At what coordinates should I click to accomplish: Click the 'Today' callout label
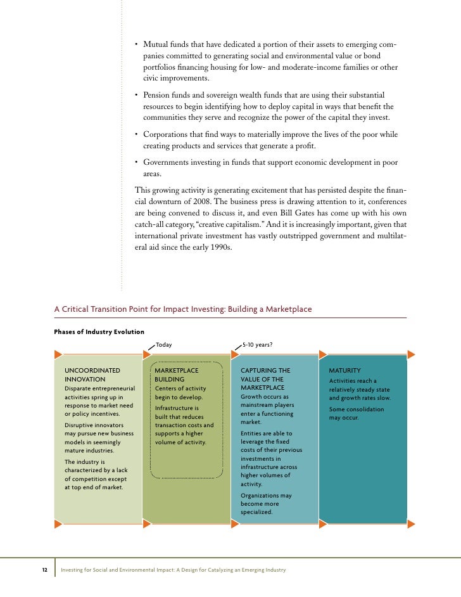tap(164, 345)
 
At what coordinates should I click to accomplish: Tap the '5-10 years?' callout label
tap(258, 345)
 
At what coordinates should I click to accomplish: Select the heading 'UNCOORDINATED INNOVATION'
tap(92, 375)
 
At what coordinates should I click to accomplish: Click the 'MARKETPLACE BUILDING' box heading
tap(176, 375)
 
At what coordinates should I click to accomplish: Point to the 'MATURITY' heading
tap(344, 370)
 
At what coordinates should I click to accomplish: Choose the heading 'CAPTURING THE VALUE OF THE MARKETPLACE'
tap(265, 378)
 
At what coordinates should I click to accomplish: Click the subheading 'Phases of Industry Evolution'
tap(99, 331)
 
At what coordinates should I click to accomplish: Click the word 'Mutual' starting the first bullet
tap(155, 45)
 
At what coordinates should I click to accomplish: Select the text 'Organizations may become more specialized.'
tap(266, 503)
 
